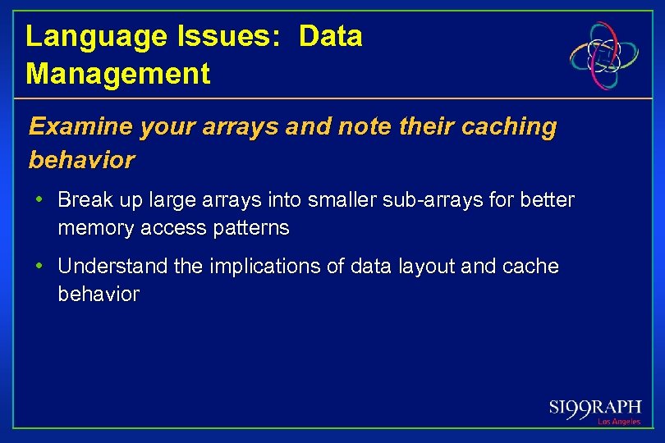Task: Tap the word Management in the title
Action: pos(118,74)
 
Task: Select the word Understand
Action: pos(109,267)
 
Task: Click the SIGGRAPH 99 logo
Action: pos(595,408)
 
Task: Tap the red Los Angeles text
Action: pos(618,422)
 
